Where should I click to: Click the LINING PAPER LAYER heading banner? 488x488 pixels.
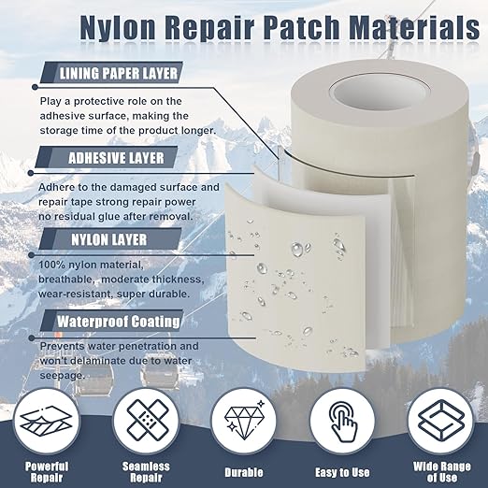tap(111, 73)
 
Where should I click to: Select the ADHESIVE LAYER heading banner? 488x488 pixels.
tap(107, 157)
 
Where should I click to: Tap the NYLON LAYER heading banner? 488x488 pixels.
tap(109, 238)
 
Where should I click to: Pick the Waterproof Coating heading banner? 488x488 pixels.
tap(111, 321)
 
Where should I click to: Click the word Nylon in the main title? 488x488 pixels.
tap(118, 27)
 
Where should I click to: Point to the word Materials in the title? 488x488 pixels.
tap(414, 26)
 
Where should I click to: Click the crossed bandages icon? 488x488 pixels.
tap(146, 422)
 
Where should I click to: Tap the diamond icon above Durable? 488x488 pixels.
tap(244, 419)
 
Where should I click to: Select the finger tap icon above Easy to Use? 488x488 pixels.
tap(342, 422)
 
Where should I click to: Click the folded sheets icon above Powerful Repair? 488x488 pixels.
tap(46, 421)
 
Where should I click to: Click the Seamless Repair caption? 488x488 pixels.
tap(146, 471)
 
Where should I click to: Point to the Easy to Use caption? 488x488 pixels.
tap(342, 472)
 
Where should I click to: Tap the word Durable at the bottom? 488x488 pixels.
tap(244, 472)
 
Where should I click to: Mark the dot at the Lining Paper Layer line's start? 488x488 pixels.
tap(36, 87)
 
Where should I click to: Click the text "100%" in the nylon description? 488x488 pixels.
tap(51, 265)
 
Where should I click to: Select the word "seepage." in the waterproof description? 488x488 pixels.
tap(63, 376)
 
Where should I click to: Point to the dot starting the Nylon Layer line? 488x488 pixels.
tap(31, 255)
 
